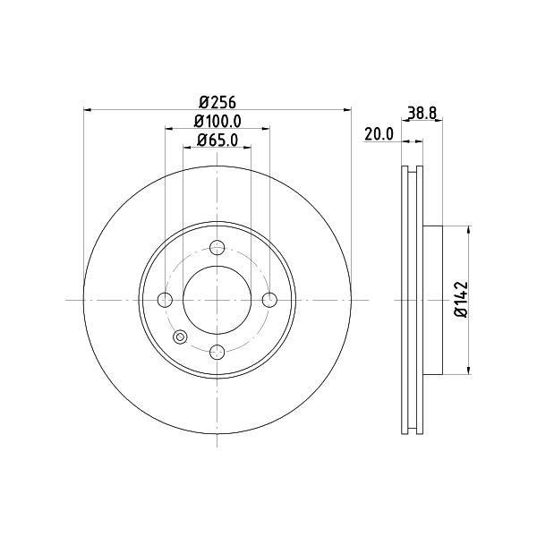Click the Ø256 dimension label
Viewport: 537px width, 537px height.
click(217, 102)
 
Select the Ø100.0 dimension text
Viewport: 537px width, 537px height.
click(217, 121)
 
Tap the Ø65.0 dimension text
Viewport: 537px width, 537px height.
click(217, 141)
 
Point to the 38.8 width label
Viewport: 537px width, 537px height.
click(422, 113)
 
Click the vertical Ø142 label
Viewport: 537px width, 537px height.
click(461, 299)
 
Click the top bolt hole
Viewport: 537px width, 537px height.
click(217, 248)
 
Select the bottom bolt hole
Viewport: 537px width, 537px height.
click(217, 352)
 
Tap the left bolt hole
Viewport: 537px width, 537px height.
click(165, 300)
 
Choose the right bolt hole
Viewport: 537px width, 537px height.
click(269, 300)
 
